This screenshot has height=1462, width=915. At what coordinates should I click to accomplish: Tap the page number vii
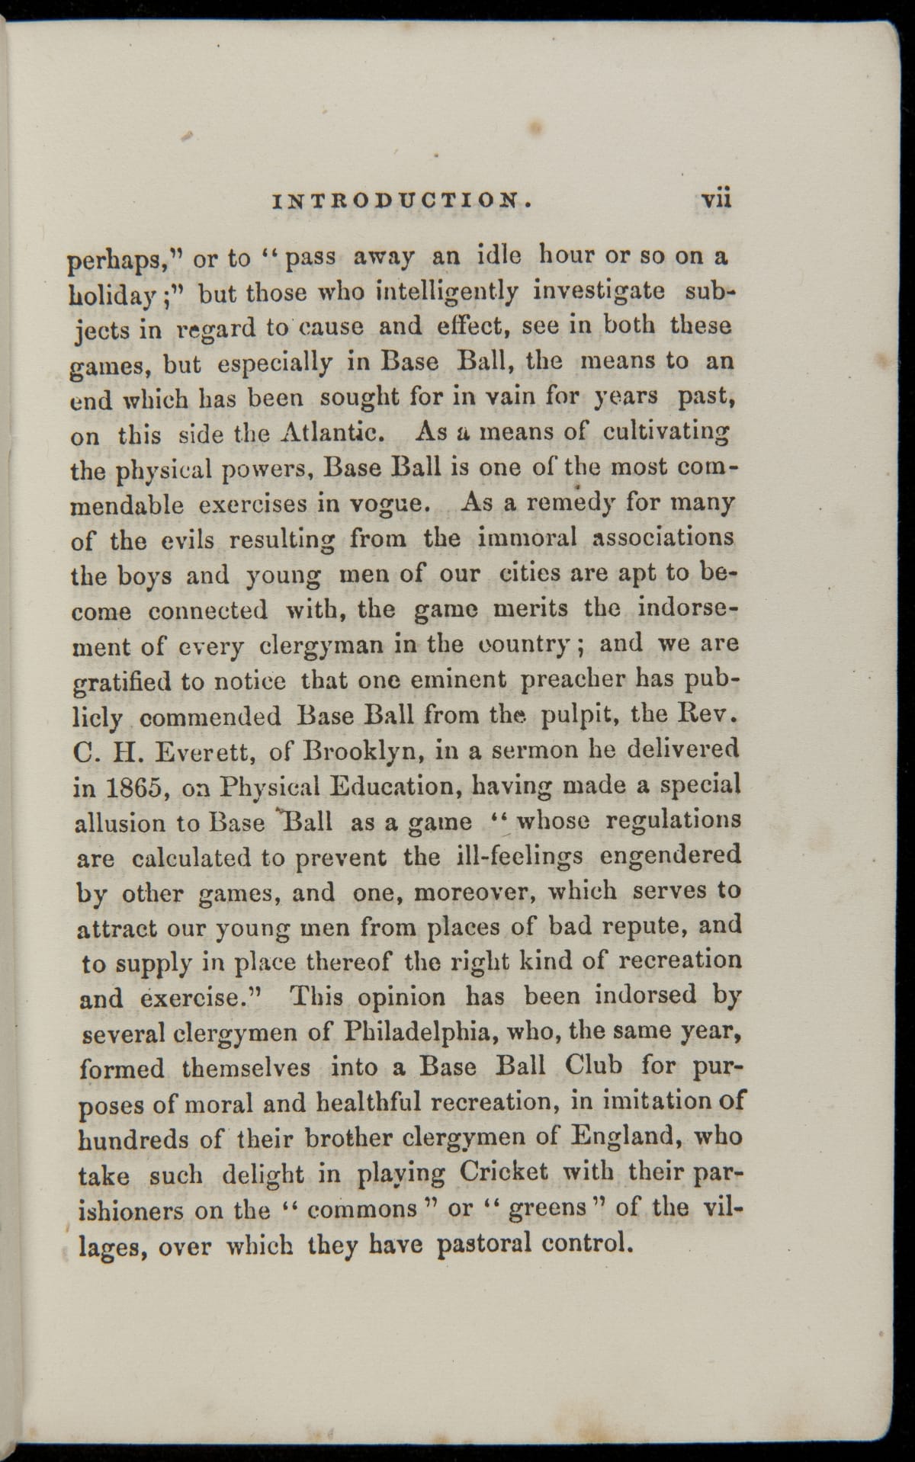716,200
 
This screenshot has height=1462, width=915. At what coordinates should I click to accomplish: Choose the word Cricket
504,1172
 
